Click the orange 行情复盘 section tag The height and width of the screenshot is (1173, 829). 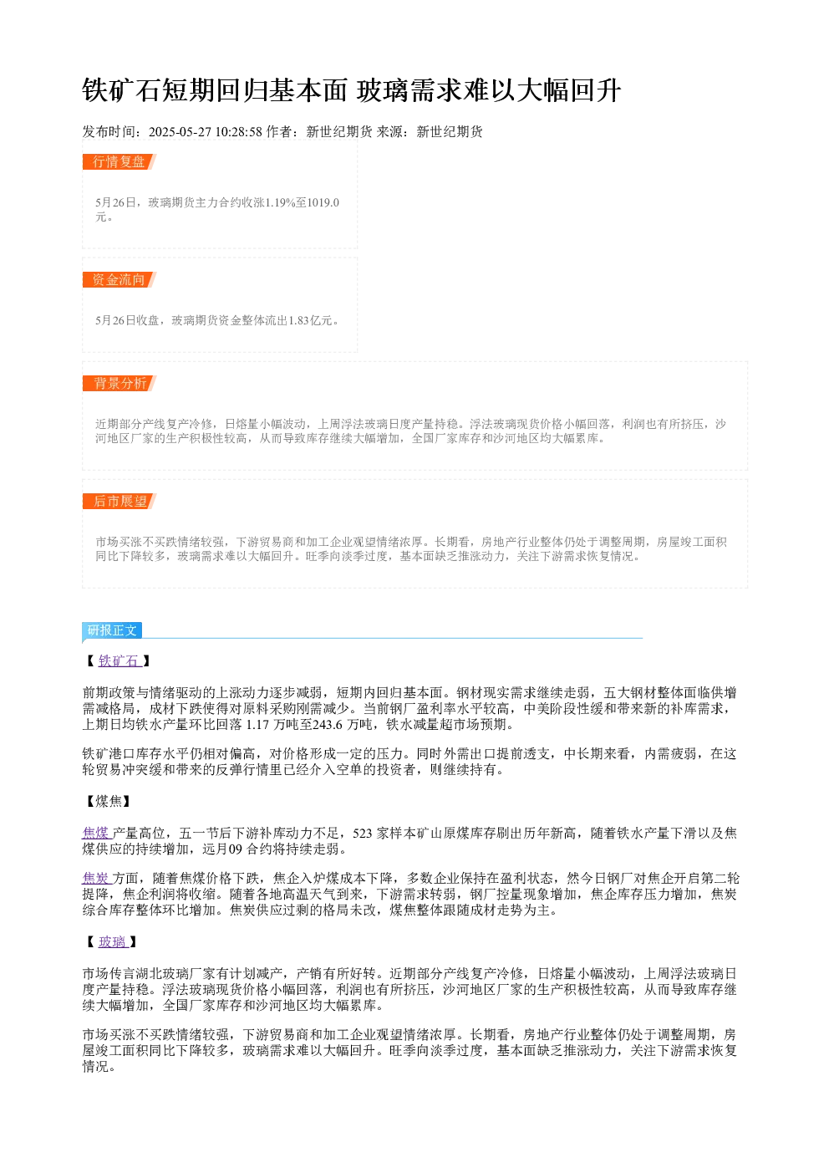tap(119, 162)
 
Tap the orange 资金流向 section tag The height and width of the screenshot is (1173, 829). tap(119, 279)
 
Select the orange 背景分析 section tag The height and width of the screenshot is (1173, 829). tap(119, 383)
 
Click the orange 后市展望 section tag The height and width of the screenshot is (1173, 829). tap(119, 501)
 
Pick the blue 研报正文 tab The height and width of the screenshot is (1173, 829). tap(111, 630)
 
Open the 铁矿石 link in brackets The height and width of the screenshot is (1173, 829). tap(119, 660)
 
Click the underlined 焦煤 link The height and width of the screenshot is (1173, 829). tap(97, 833)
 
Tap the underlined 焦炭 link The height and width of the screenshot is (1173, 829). tap(97, 878)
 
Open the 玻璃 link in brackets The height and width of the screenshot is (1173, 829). tap(113, 941)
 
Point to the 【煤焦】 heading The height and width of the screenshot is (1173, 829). tap(109, 801)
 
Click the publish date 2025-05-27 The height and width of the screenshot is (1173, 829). tap(180, 132)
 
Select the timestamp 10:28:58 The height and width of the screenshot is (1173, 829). tap(239, 132)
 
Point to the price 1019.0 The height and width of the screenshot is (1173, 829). tap(323, 202)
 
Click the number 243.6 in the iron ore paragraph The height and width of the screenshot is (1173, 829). tap(328, 724)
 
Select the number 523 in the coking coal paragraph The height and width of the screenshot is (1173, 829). tap(362, 833)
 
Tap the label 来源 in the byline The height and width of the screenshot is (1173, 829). tap(389, 132)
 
